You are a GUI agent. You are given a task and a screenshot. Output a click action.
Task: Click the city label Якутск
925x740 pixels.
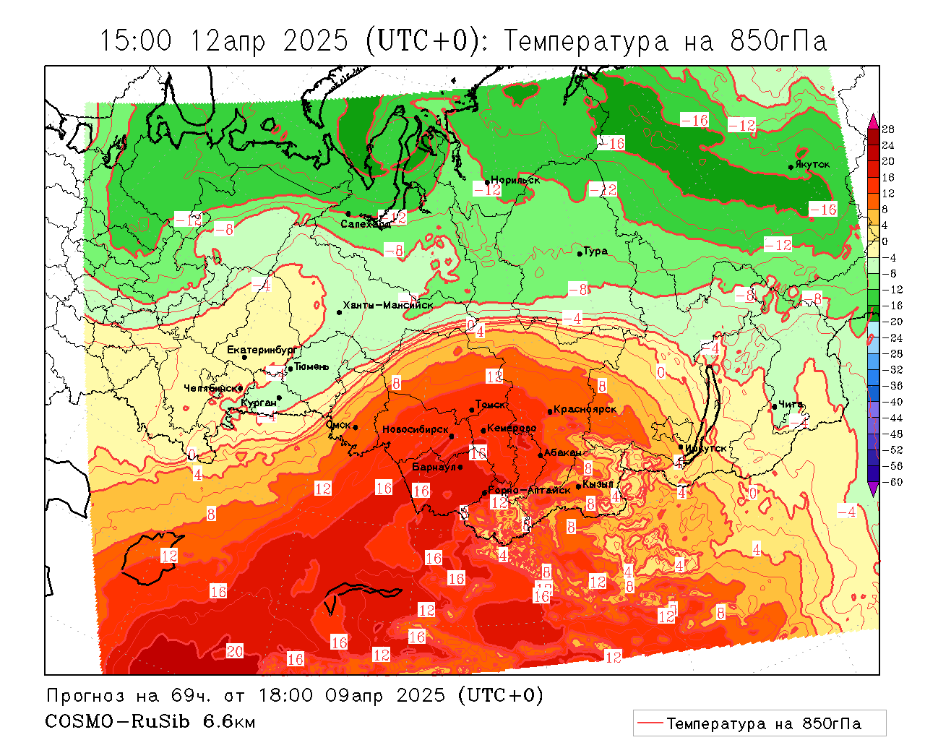click(813, 165)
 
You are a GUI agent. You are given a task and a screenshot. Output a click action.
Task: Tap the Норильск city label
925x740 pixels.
click(515, 180)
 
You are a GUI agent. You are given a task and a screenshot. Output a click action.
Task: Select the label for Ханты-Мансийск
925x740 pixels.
click(387, 305)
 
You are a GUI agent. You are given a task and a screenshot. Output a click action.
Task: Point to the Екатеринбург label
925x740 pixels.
click(262, 350)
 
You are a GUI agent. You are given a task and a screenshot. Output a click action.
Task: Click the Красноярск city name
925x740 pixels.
click(585, 409)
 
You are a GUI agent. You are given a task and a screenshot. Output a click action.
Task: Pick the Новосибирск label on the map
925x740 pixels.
click(416, 429)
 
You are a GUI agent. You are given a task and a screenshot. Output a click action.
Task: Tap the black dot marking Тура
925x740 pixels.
click(580, 254)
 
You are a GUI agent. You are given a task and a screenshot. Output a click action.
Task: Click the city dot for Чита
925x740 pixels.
click(775, 407)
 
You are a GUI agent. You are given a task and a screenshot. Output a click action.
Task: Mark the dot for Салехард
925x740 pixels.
click(348, 214)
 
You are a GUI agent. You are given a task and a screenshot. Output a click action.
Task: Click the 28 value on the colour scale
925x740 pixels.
click(888, 129)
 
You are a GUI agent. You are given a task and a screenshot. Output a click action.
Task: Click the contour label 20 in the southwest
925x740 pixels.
click(235, 651)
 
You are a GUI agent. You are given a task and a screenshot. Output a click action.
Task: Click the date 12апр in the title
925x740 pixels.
click(228, 40)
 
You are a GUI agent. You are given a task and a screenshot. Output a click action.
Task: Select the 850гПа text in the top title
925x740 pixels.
click(778, 40)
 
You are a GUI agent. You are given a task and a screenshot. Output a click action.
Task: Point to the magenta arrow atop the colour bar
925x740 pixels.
click(873, 120)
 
